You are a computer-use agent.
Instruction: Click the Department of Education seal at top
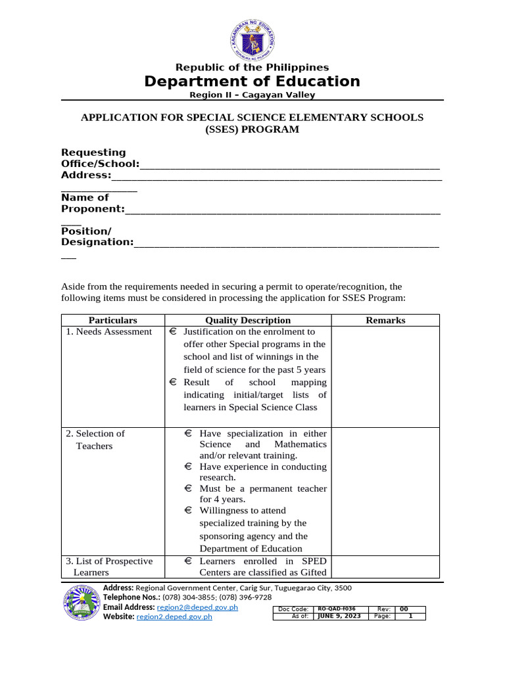pos(252,37)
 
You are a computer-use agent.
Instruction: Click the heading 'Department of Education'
pos(252,81)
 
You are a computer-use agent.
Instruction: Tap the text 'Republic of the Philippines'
pos(252,68)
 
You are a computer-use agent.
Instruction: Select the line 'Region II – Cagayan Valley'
pos(252,95)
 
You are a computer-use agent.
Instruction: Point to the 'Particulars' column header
pos(112,321)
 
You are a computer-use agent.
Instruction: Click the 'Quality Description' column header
pos(248,321)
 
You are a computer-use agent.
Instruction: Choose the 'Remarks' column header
pos(385,321)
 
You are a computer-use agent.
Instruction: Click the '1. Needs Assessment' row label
pos(108,332)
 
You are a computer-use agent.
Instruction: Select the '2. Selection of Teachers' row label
pos(95,440)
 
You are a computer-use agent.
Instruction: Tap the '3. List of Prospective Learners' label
pos(108,567)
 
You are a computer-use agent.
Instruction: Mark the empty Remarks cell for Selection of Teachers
pos(385,490)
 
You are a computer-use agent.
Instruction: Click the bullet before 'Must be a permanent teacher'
pos(188,489)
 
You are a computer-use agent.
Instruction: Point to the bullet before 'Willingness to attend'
pos(188,511)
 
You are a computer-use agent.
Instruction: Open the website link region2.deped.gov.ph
pos(174,617)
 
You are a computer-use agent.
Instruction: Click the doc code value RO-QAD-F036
pos(337,609)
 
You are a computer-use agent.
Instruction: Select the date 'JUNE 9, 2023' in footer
pos(339,616)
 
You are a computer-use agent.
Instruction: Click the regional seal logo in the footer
pos(81,603)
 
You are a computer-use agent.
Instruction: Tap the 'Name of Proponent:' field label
pos(93,203)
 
